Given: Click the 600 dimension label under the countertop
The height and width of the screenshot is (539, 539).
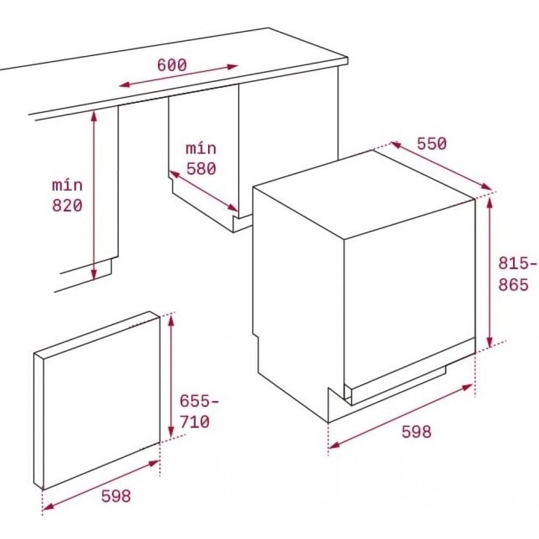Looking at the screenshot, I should click(x=172, y=65).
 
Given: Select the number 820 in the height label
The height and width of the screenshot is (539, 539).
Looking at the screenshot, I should click(x=67, y=205).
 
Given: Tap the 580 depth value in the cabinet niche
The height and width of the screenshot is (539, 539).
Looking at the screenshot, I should click(x=201, y=169).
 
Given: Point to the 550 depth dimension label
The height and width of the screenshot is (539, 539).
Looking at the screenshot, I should click(x=432, y=144).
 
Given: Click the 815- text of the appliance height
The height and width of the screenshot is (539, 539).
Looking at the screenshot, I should click(x=517, y=264).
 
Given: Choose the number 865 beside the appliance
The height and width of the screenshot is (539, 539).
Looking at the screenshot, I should click(x=513, y=285).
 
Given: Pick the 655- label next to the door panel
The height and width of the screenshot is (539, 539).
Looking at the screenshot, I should click(x=200, y=402).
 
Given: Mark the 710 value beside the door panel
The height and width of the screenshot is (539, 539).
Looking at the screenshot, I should click(x=195, y=422).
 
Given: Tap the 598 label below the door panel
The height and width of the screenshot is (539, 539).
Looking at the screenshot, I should click(x=116, y=496).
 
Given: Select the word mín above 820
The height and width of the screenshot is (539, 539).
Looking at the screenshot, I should click(x=67, y=185).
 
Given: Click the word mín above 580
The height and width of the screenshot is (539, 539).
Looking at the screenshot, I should click(x=201, y=148).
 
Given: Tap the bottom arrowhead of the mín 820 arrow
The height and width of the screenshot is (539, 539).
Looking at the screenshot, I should click(x=94, y=274).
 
